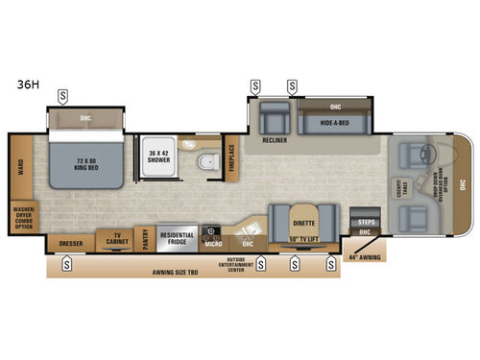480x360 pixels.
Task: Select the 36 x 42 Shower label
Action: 157,156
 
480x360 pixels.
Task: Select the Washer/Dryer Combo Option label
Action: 21,218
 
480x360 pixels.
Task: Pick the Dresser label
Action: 70,244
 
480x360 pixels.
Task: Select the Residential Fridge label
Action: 177,237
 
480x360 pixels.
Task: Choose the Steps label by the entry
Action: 366,222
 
